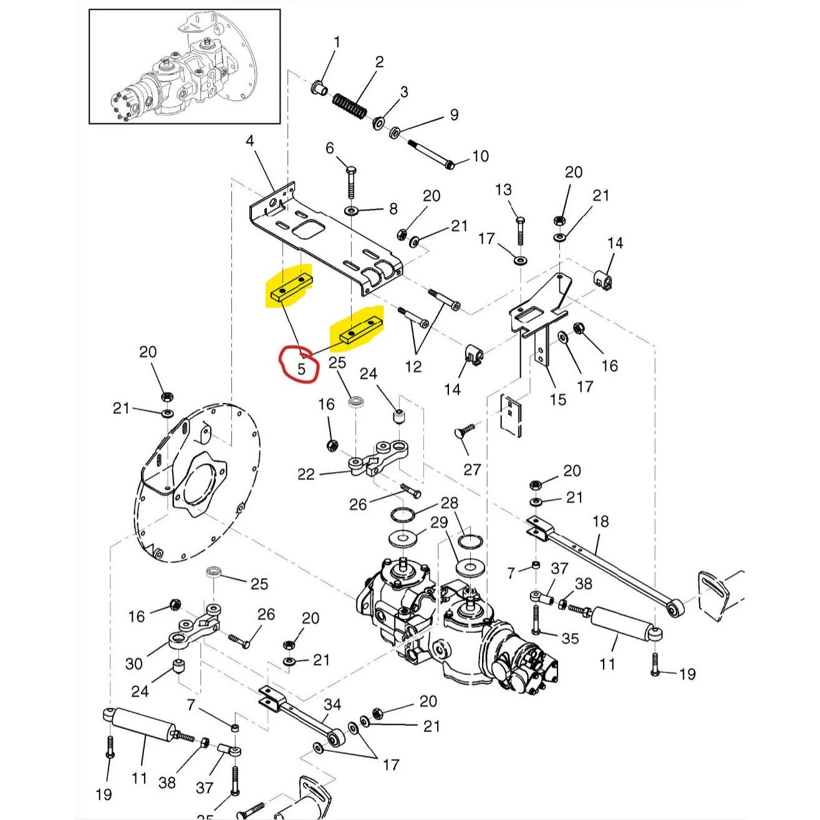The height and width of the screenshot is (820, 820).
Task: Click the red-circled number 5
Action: click(x=302, y=368)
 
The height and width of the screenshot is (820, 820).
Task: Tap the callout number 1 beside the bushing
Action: click(x=337, y=42)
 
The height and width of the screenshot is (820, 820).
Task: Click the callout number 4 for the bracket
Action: click(x=250, y=141)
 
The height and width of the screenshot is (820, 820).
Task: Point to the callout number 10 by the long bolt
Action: click(x=480, y=156)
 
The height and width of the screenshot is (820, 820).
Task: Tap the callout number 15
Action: click(x=558, y=399)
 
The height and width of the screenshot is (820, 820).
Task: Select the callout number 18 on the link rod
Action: click(x=601, y=521)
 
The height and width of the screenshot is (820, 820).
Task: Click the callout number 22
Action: click(x=306, y=475)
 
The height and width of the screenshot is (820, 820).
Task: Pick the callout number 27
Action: click(x=472, y=468)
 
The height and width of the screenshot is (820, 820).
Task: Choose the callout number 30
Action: click(x=134, y=663)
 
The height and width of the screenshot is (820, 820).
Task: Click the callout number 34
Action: click(x=333, y=705)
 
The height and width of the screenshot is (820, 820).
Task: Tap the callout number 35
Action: click(x=570, y=638)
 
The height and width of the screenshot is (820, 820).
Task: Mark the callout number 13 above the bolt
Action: click(x=503, y=190)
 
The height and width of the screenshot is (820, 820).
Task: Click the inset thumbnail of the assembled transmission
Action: click(x=185, y=66)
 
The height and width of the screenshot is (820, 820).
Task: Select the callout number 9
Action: click(x=454, y=115)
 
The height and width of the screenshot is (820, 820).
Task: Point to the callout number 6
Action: click(x=330, y=148)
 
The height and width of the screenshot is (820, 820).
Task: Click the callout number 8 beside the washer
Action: click(x=393, y=208)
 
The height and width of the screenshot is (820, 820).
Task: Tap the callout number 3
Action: click(x=404, y=92)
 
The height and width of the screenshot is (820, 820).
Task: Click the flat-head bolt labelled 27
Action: click(x=464, y=431)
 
